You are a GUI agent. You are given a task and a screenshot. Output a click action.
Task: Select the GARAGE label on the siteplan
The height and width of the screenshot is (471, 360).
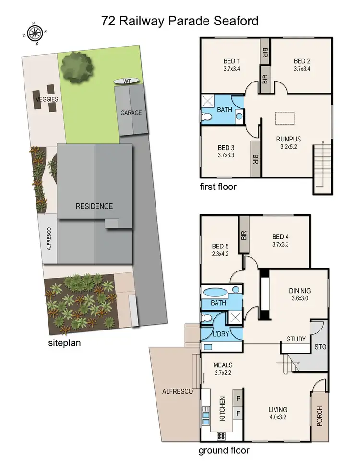pos(131,113)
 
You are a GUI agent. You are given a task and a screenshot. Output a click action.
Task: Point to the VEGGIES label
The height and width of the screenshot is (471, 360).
pos(47,99)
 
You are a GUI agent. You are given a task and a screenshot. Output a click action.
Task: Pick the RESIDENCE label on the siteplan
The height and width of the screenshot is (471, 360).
pos(94,206)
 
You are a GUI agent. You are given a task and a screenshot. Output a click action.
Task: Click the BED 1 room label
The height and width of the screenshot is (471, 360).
pos(232,61)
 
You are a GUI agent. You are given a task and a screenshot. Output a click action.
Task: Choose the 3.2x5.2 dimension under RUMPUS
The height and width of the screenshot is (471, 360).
pos(288,147)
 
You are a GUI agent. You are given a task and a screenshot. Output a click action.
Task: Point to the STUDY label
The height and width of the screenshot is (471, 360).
pos(296,339)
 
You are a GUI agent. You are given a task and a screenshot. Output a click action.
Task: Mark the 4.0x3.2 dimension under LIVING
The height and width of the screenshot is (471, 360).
pos(278,417)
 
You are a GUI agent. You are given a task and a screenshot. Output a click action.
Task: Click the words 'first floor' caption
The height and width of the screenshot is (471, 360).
pos(219,187)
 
